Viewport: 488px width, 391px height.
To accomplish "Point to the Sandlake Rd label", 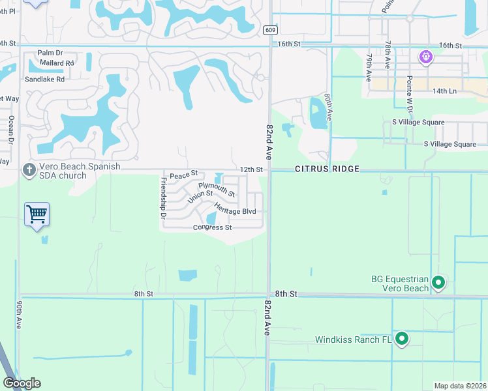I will tap(45, 79).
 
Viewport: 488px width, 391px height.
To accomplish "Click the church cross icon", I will tap(29, 171).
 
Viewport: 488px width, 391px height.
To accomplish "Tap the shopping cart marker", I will tap(37, 214).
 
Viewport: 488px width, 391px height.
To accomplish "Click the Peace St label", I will tap(183, 175).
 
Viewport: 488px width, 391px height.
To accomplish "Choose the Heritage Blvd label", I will tap(235, 211).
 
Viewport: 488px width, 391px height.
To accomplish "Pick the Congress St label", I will tap(212, 227).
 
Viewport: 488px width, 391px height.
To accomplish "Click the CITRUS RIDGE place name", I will tap(328, 169).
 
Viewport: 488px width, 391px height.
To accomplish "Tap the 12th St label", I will tap(251, 169).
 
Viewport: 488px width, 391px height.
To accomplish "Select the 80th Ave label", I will tap(329, 105).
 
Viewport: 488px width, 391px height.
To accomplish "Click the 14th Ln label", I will tap(444, 91).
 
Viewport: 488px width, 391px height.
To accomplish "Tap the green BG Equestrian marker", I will tap(438, 283).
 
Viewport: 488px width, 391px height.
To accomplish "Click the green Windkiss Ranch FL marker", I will tap(402, 339).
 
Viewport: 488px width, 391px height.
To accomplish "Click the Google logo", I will tap(22, 383).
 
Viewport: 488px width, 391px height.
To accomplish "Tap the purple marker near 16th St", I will tap(426, 57).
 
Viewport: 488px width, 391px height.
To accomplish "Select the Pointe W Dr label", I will tap(410, 91).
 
